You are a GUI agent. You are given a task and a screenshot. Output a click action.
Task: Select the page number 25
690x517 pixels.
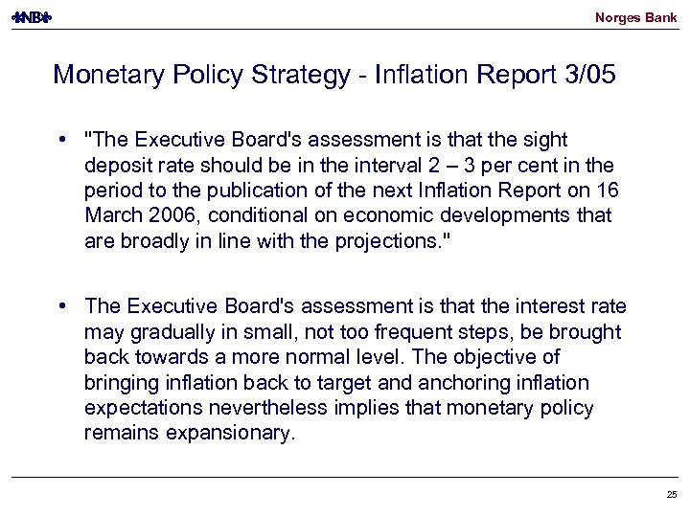(670, 494)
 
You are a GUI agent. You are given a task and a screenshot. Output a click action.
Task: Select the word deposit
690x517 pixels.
(116, 166)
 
